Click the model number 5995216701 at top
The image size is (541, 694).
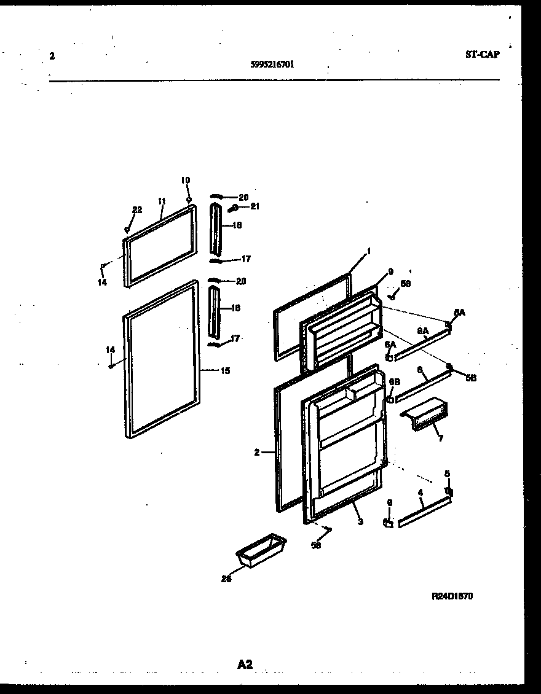click(x=272, y=63)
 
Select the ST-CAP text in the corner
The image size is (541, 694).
click(x=482, y=55)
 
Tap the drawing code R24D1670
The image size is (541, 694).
click(x=452, y=596)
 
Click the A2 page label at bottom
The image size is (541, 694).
click(x=245, y=664)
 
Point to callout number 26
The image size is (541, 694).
click(x=226, y=577)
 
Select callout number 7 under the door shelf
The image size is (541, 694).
click(x=440, y=438)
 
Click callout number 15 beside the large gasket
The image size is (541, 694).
click(x=225, y=371)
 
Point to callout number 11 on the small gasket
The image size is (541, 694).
click(x=162, y=201)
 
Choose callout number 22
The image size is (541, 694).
click(x=137, y=210)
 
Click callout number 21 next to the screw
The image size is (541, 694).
click(x=255, y=206)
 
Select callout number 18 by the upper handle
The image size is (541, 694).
click(x=237, y=225)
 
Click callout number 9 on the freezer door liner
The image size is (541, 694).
click(x=390, y=271)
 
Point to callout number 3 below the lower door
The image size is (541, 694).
click(x=360, y=522)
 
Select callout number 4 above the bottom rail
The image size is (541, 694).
click(x=420, y=493)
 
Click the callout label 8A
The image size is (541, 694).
click(x=422, y=331)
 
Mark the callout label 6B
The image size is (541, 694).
click(x=395, y=381)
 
